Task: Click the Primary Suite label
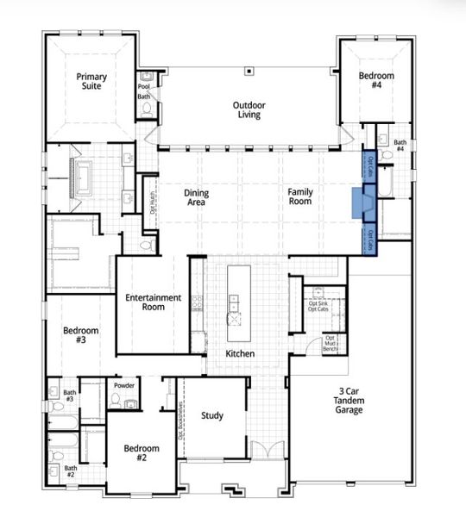tap(90, 81)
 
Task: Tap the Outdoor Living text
tap(249, 110)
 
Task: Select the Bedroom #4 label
tap(376, 81)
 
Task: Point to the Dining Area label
tap(197, 198)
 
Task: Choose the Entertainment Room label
tap(153, 302)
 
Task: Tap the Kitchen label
tap(239, 354)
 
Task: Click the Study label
tap(212, 416)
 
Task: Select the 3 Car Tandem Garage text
tap(349, 401)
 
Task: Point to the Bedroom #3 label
tap(80, 335)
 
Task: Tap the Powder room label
tap(123, 385)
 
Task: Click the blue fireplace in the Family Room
tap(362, 207)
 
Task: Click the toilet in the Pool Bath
tap(143, 111)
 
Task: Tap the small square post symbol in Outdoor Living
tap(249, 71)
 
